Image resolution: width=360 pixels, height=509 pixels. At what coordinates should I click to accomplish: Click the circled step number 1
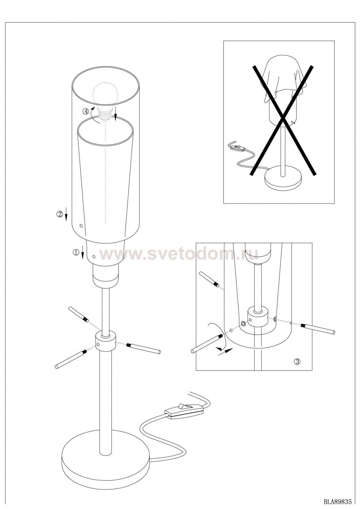pyautogui.click(x=75, y=252)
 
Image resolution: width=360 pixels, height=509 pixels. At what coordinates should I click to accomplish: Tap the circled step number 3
pyautogui.click(x=298, y=361)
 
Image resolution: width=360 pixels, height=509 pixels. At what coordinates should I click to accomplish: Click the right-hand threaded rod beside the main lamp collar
pyautogui.click(x=144, y=348)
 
